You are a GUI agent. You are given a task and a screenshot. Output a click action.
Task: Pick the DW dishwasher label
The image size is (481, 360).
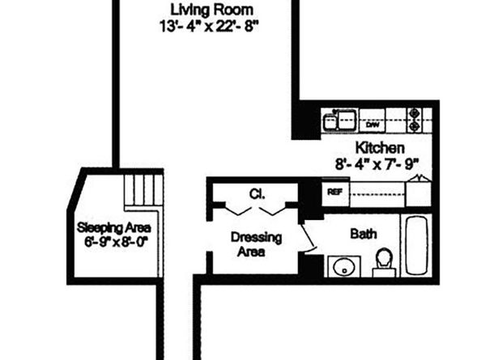373,125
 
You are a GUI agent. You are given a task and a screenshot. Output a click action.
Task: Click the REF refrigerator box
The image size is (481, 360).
333,193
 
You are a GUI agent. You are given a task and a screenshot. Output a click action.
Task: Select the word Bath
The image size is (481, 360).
362,235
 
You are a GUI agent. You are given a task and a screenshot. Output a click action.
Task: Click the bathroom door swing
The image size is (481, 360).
309,237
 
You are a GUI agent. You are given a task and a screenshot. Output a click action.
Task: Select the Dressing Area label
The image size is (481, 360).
256,244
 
